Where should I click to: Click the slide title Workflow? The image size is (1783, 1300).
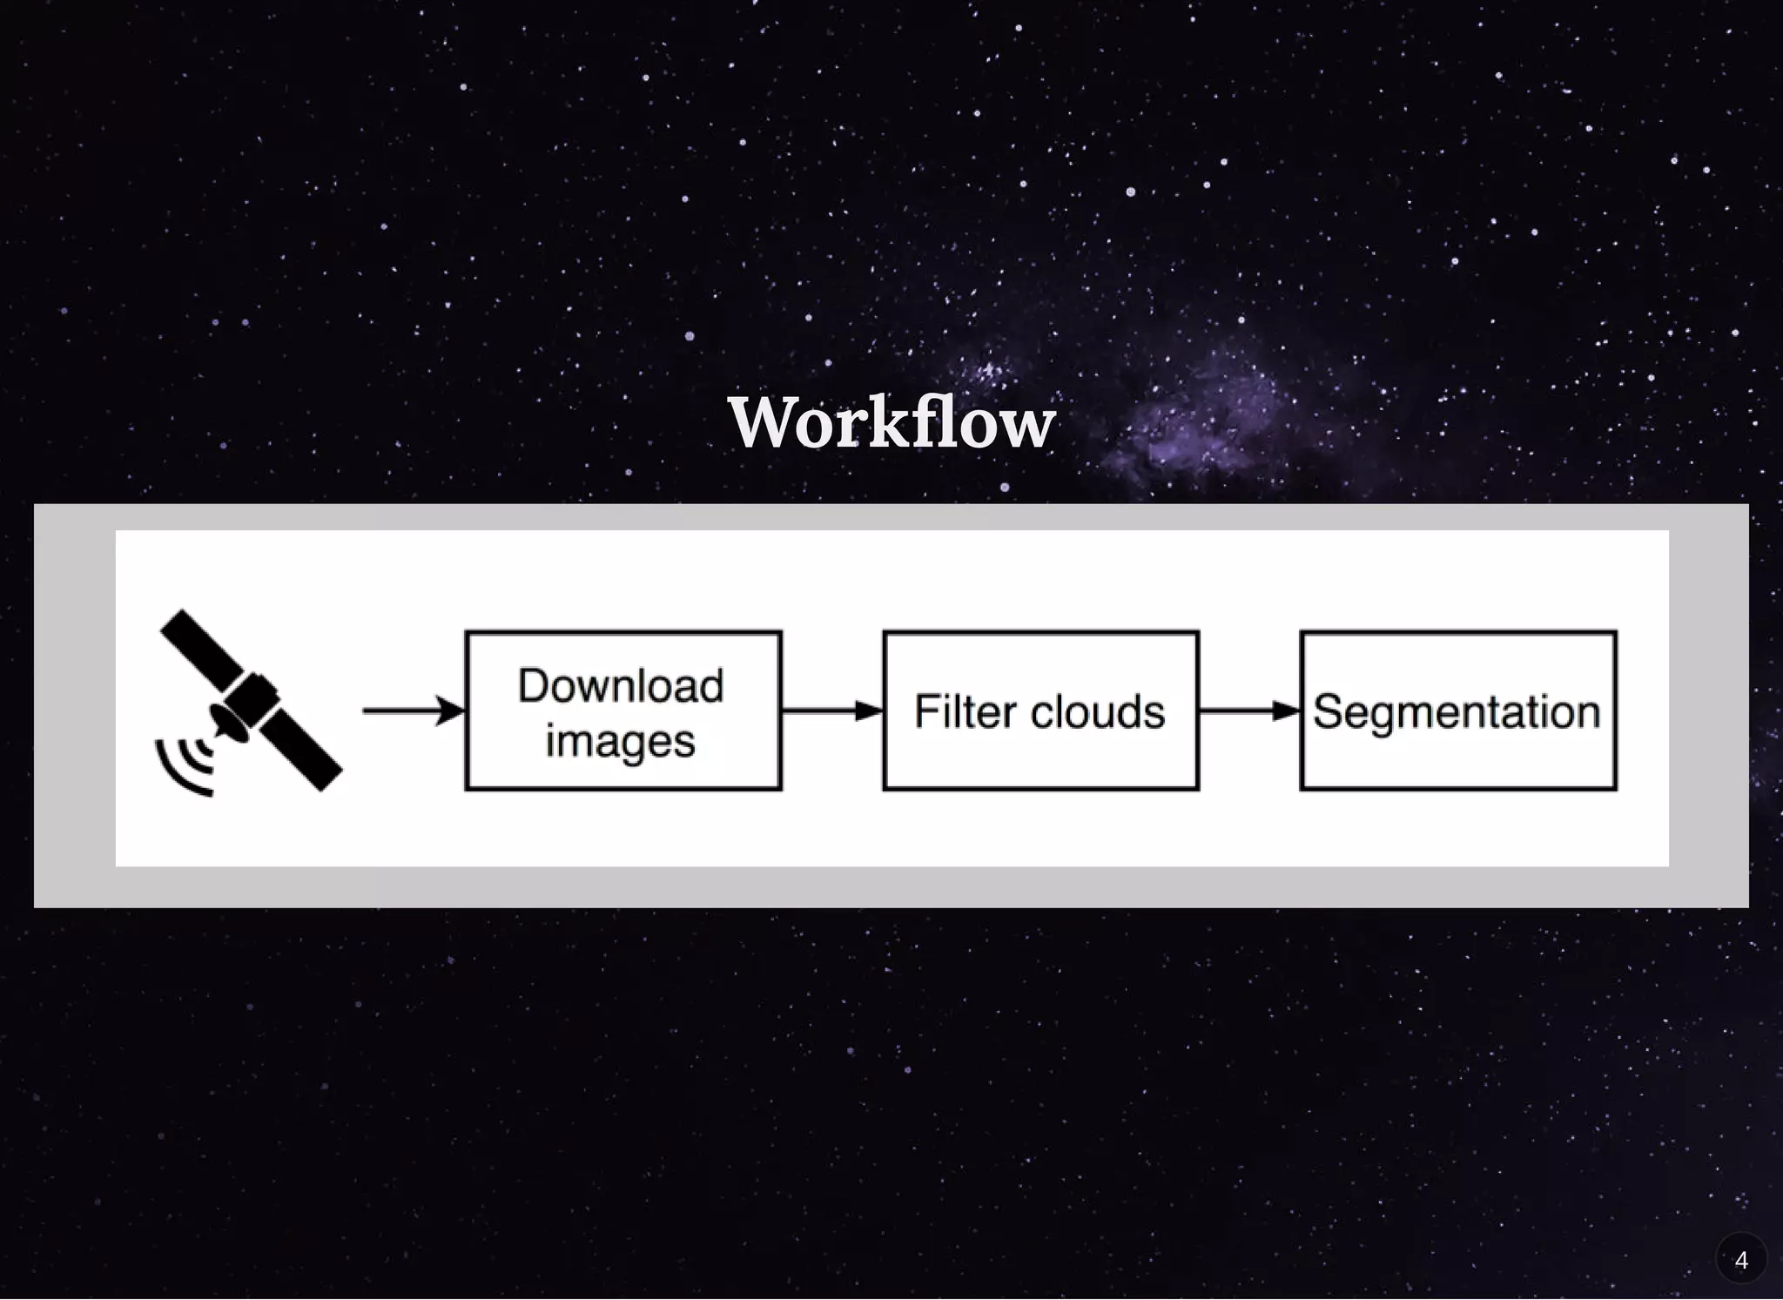(891, 423)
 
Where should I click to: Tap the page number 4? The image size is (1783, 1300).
(1740, 1260)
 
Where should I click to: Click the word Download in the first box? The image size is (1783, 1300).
(621, 685)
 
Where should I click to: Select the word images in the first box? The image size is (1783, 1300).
(621, 741)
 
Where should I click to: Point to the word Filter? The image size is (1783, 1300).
(965, 711)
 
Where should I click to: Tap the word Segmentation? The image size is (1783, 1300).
(1457, 711)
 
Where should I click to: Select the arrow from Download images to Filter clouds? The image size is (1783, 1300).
(831, 711)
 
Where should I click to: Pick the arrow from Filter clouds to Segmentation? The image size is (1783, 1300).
(1248, 711)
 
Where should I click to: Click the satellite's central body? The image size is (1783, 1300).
(252, 697)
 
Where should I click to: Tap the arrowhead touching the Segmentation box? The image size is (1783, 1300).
(1287, 711)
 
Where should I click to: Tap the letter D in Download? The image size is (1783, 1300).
(533, 685)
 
